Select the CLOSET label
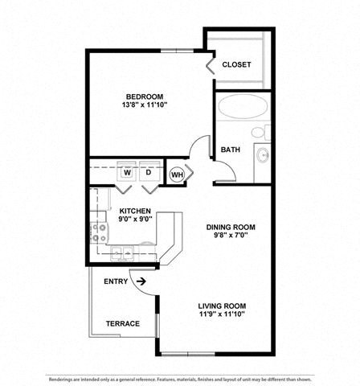[x=236, y=64]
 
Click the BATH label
[x=231, y=150]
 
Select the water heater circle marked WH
[x=177, y=174]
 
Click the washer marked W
[x=127, y=172]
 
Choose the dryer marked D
[x=149, y=172]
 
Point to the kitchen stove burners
[x=100, y=233]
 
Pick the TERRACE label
[x=122, y=324]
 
